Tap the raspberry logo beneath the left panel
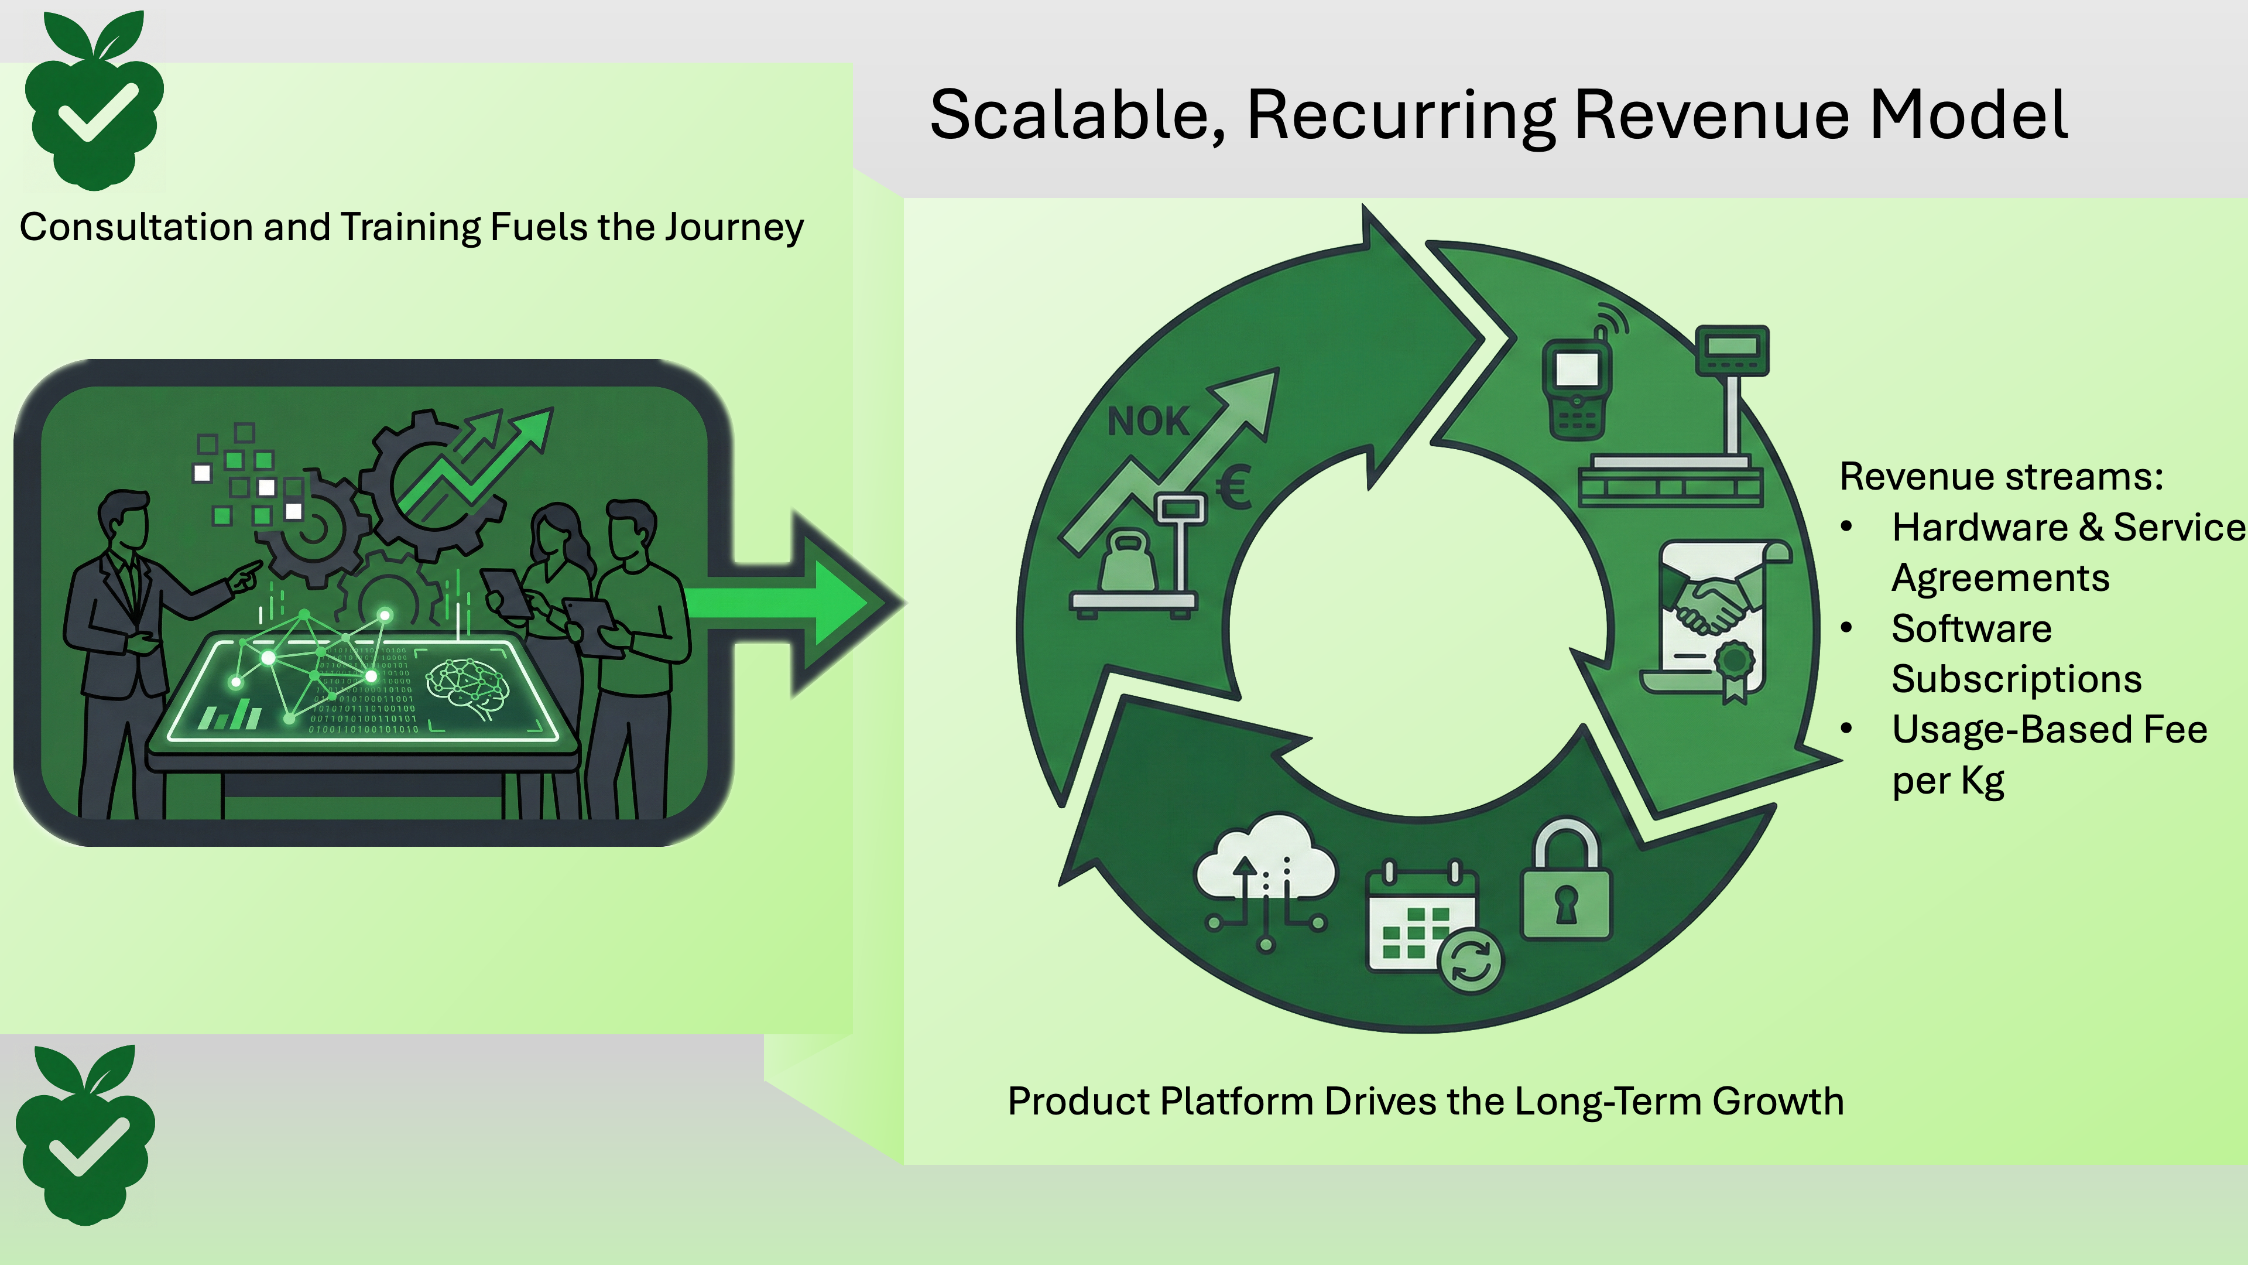pyautogui.click(x=85, y=1137)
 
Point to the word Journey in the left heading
pyautogui.click(x=733, y=228)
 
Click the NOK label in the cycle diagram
pyautogui.click(x=1147, y=422)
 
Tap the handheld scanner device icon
pyautogui.click(x=1578, y=388)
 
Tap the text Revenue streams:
pyautogui.click(x=2001, y=477)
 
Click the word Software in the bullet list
pyautogui.click(x=1971, y=628)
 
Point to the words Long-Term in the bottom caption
pyautogui.click(x=1608, y=1102)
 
